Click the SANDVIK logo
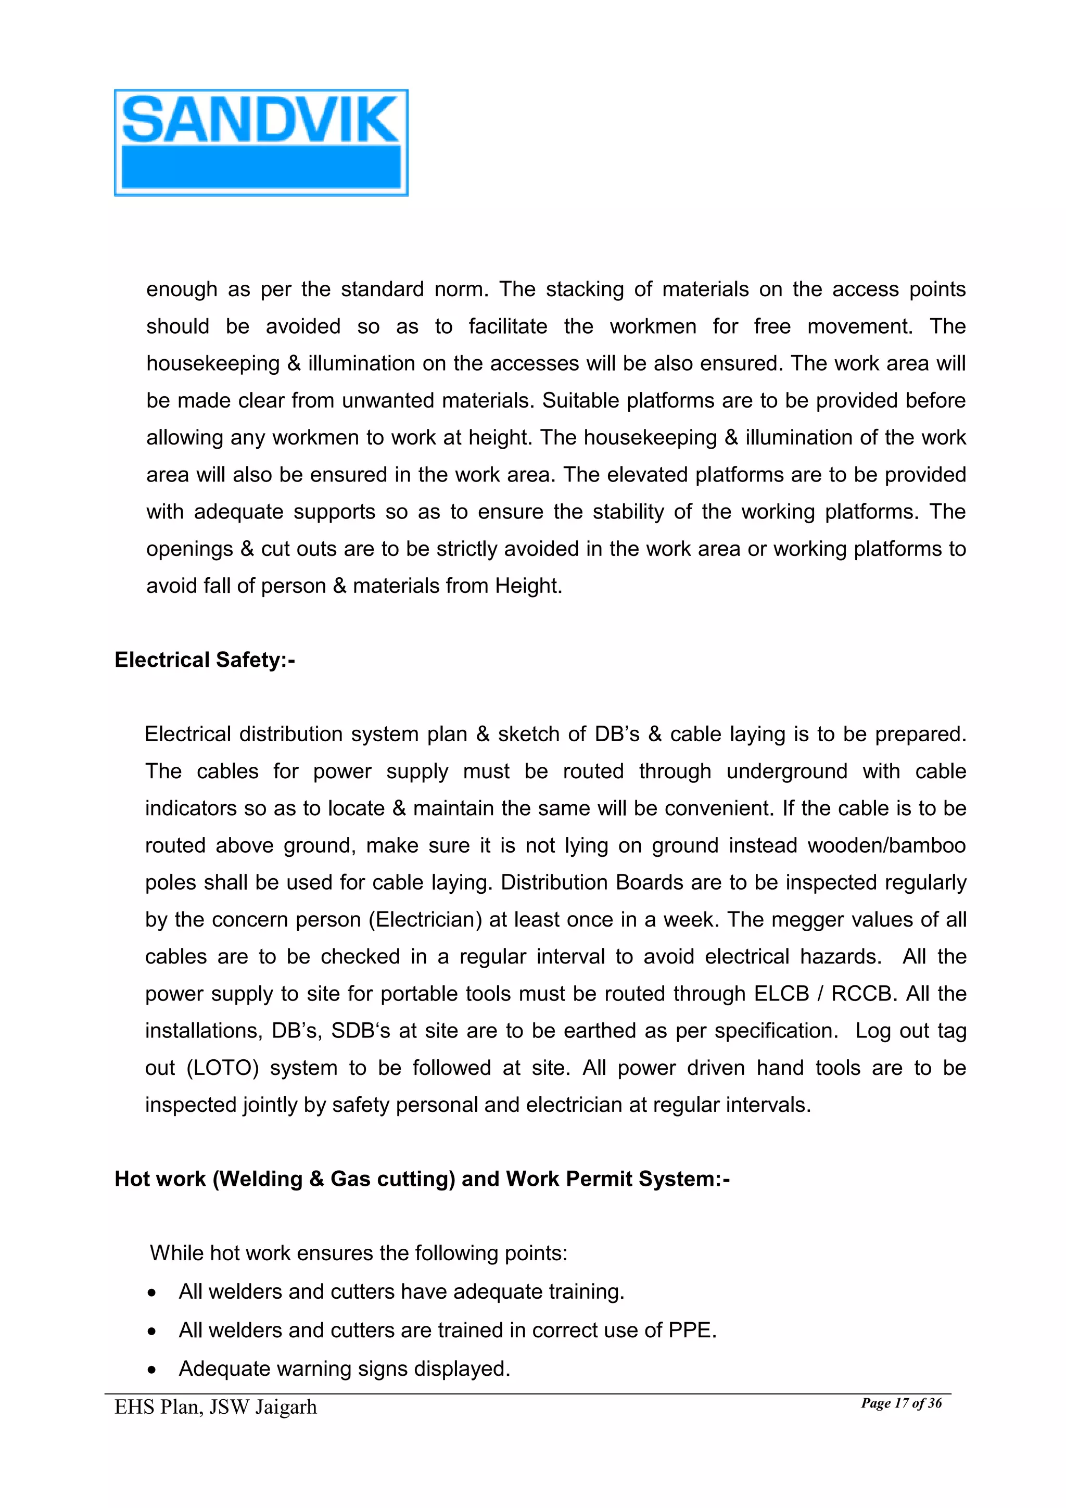(x=261, y=143)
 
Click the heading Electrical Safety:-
(x=205, y=660)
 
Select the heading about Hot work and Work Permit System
(x=422, y=1179)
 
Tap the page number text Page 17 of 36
(x=901, y=1403)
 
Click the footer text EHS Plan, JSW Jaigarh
(x=215, y=1408)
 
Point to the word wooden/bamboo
(x=886, y=845)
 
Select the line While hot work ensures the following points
(x=359, y=1253)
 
